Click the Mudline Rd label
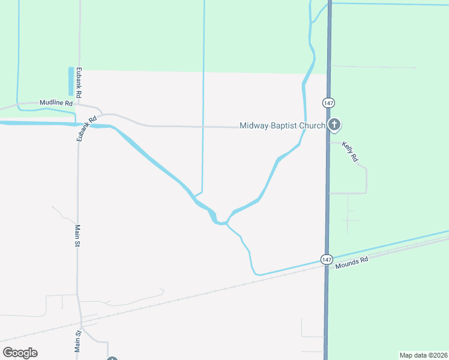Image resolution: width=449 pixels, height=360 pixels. tap(56, 103)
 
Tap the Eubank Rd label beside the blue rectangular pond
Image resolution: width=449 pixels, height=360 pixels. tap(79, 83)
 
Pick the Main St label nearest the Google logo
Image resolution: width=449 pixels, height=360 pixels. tap(77, 341)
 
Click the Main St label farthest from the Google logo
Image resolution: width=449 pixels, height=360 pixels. tap(77, 236)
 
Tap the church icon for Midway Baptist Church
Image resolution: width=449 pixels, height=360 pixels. tap(334, 125)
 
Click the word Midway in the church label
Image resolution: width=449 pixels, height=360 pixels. tap(255, 126)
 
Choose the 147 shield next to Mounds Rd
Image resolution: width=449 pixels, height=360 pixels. tap(326, 259)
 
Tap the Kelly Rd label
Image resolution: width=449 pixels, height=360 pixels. tap(350, 151)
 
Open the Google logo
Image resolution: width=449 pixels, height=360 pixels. tap(20, 353)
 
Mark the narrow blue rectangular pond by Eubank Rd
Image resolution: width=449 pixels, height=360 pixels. tap(71, 82)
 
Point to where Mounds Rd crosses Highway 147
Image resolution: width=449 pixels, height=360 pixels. tap(328, 266)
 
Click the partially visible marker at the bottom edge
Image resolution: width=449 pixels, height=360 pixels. tap(112, 358)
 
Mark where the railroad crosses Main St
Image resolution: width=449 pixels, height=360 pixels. tap(79, 316)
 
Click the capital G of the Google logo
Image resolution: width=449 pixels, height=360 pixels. tap(8, 353)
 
